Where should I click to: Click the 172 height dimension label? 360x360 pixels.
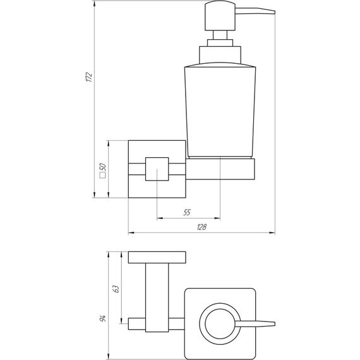pyautogui.click(x=89, y=77)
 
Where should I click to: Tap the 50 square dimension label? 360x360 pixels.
pyautogui.click(x=103, y=167)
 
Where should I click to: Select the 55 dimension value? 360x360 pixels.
pyautogui.click(x=187, y=212)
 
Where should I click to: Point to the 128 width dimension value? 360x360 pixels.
pyautogui.click(x=202, y=227)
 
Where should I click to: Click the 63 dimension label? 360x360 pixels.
pyautogui.click(x=116, y=289)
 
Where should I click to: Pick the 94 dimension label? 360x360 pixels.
pyautogui.click(x=103, y=318)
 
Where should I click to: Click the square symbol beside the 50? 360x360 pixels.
pyautogui.click(x=103, y=175)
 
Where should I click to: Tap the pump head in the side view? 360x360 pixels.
pyautogui.click(x=220, y=16)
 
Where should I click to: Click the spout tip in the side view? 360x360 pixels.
pyautogui.click(x=274, y=12)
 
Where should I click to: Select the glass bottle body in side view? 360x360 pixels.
pyautogui.click(x=220, y=110)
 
